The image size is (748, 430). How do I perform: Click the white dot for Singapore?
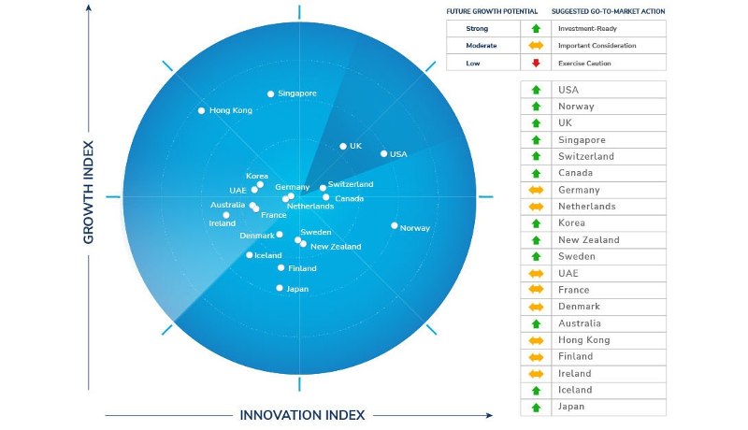[x=271, y=93]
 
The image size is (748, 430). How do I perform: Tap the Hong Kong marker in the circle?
[x=201, y=110]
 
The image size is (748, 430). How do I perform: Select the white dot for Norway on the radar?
[x=395, y=225]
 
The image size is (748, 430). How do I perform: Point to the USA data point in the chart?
[x=384, y=153]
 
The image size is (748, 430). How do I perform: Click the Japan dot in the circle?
[x=280, y=288]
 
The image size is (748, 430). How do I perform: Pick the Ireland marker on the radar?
[x=226, y=215]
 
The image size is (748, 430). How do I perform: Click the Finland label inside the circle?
[x=302, y=268]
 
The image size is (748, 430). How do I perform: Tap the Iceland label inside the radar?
[x=268, y=255]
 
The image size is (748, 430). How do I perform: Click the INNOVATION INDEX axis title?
[x=303, y=414]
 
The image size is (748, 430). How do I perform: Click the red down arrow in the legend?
[x=536, y=63]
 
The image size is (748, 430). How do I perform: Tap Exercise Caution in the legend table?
[x=586, y=63]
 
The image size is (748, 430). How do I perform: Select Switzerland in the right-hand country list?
[x=585, y=156]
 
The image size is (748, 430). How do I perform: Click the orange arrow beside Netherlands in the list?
[x=536, y=207]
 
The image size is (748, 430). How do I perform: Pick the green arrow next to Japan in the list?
[x=536, y=407]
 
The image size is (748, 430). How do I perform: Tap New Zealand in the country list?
[x=588, y=240]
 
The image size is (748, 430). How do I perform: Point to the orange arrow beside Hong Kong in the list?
[x=536, y=340]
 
